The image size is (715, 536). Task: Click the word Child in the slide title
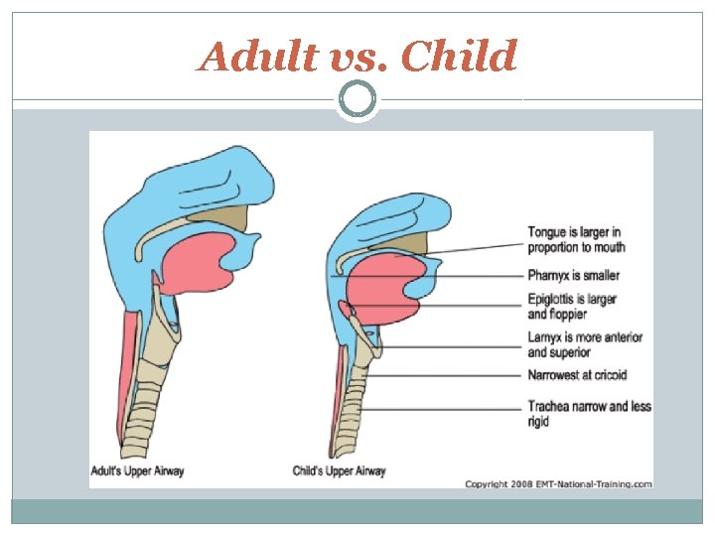click(461, 57)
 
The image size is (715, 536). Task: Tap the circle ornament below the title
click(357, 99)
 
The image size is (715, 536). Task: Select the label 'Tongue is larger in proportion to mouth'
click(577, 239)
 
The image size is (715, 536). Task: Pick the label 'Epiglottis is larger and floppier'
click(572, 307)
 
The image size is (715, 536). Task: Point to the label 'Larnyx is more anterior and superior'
click(585, 344)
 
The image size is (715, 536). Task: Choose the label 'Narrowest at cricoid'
click(577, 375)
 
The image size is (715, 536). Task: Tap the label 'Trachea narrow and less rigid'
click(589, 413)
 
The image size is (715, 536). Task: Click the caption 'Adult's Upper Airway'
click(137, 469)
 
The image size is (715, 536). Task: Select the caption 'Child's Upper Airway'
click(339, 469)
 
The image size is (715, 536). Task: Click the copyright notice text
click(559, 483)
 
